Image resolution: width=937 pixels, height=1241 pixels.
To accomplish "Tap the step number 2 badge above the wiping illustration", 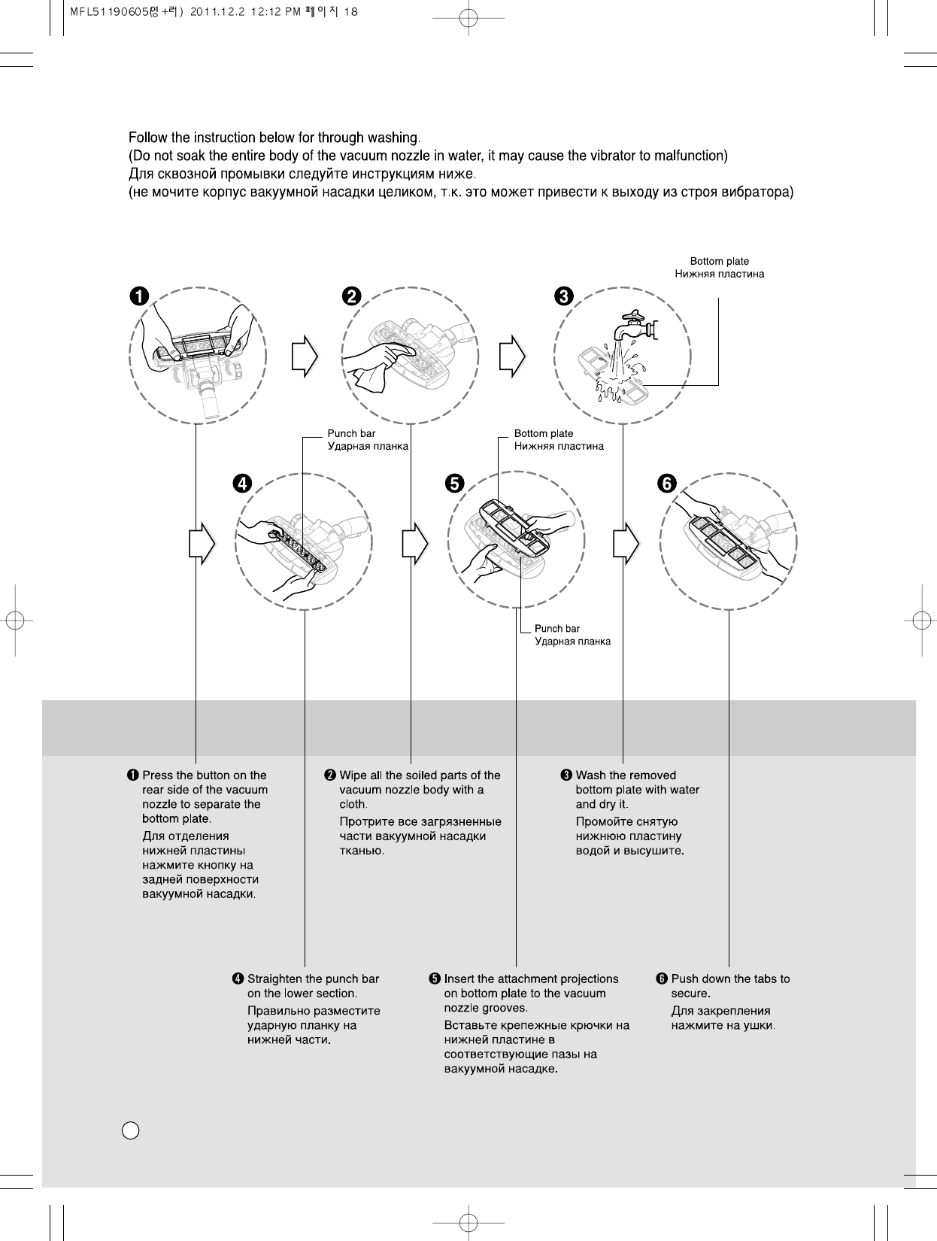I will pyautogui.click(x=350, y=296).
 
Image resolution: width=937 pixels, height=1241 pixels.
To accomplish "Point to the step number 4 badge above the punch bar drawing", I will pyautogui.click(x=241, y=483).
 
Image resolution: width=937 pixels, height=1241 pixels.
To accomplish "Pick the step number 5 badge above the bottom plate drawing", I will pyautogui.click(x=453, y=483).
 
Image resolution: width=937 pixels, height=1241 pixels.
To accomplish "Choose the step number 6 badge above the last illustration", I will pyautogui.click(x=666, y=483).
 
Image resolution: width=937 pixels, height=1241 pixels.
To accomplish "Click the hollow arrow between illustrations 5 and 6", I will pyautogui.click(x=626, y=542).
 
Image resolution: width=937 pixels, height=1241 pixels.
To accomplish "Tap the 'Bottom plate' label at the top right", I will pyautogui.click(x=719, y=262).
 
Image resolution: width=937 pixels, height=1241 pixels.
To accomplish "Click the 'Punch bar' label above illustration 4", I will pyautogui.click(x=351, y=433).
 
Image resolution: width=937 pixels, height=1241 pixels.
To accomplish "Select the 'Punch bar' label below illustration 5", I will pyautogui.click(x=557, y=628).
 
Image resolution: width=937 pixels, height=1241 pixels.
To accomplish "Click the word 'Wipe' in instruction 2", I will pyautogui.click(x=353, y=775).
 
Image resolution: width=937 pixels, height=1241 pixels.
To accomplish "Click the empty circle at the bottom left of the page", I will pyautogui.click(x=129, y=1130).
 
